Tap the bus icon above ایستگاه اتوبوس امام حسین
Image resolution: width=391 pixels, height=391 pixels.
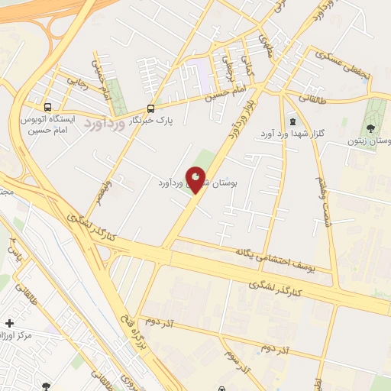tap(49, 107)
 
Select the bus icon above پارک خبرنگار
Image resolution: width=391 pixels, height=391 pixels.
tap(150, 108)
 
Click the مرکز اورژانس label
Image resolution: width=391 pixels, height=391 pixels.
tap(23, 335)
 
